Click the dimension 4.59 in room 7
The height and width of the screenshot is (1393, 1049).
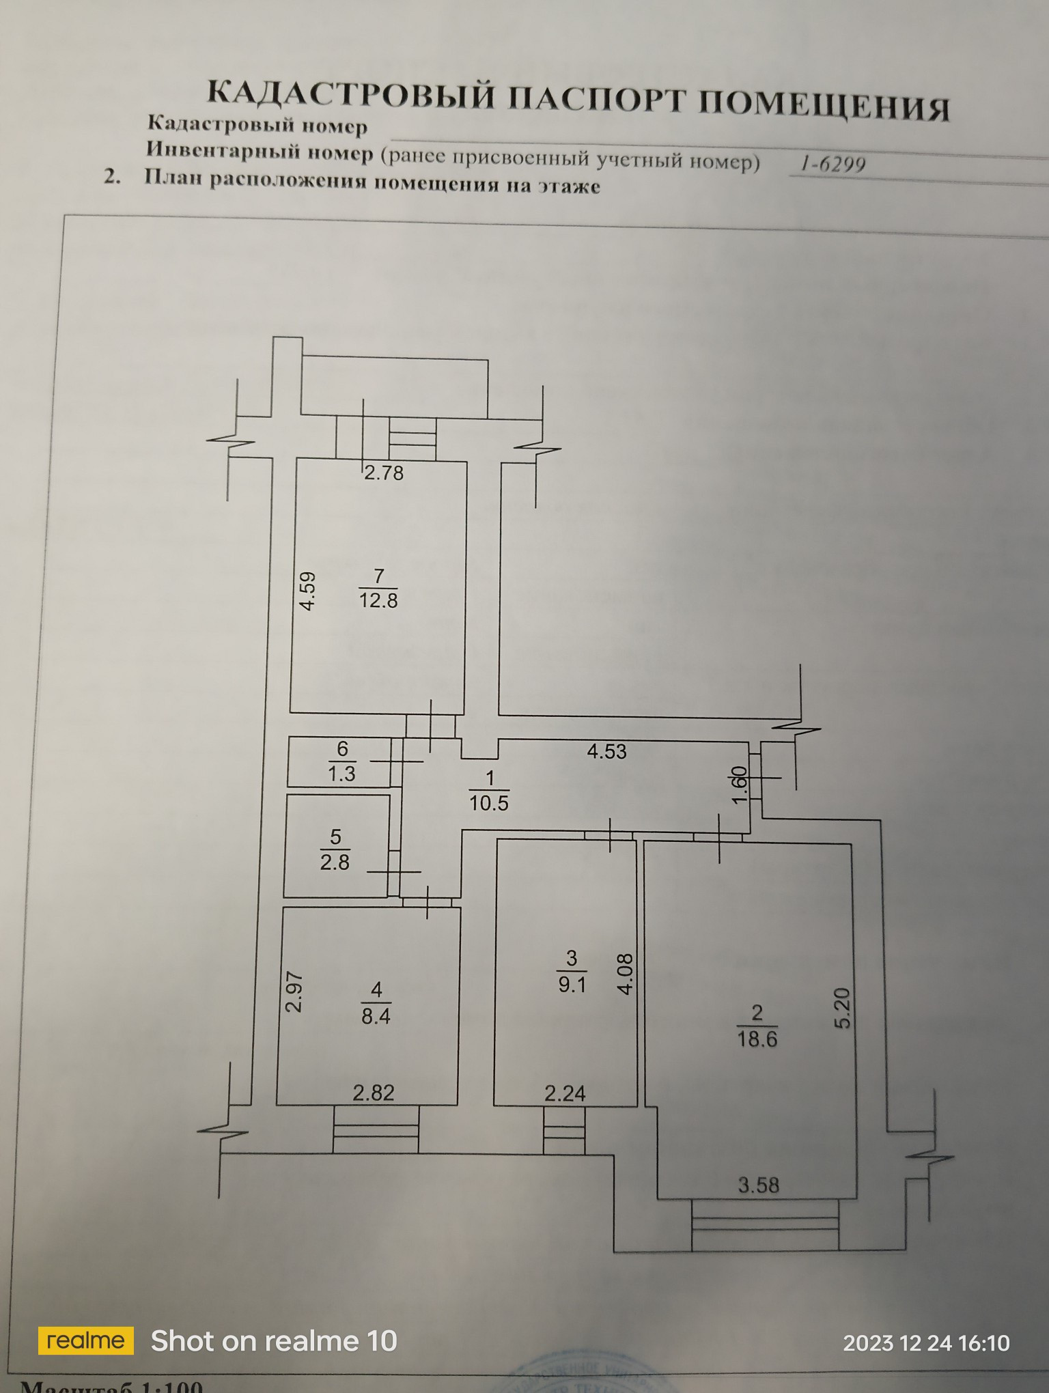click(308, 591)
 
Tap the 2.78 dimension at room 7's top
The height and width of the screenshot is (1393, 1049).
click(383, 473)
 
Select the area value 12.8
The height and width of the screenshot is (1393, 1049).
click(378, 600)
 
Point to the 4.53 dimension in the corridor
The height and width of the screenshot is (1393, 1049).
click(606, 751)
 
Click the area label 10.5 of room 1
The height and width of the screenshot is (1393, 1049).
click(489, 802)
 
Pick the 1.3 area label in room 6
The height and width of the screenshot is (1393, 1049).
click(341, 774)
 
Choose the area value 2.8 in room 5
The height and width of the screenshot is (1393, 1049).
click(335, 862)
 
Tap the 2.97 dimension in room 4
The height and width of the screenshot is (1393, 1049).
click(294, 992)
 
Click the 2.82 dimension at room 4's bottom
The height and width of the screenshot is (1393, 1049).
click(374, 1093)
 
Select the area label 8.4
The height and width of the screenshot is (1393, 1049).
click(376, 1015)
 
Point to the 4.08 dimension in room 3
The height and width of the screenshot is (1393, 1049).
click(626, 974)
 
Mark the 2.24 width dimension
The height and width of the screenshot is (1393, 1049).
click(565, 1093)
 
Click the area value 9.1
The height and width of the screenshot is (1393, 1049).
click(572, 985)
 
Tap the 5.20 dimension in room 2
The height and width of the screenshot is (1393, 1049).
click(843, 1008)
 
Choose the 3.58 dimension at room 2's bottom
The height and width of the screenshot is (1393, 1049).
click(758, 1185)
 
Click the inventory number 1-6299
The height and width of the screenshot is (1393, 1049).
click(833, 164)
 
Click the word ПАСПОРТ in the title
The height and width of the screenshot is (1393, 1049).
click(597, 100)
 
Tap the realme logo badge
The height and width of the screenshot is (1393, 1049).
click(85, 1341)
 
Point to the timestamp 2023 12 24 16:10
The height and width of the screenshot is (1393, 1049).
click(926, 1343)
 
